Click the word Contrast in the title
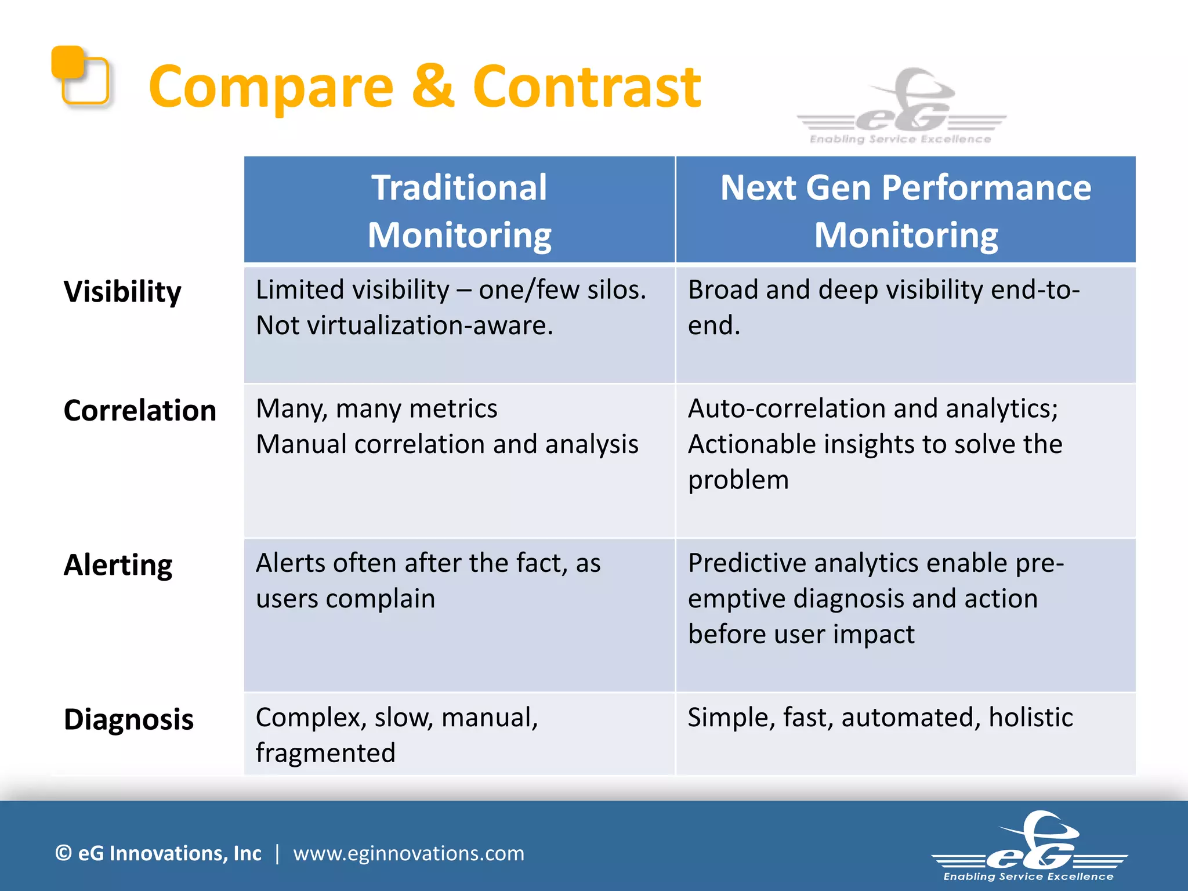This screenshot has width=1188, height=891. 586,87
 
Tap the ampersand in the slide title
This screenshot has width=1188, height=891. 433,87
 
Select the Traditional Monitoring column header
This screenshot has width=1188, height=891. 459,211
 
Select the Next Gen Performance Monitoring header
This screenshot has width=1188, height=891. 906,211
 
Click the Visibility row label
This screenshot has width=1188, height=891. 122,291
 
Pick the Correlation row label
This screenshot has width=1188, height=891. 140,411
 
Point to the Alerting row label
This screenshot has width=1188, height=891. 118,565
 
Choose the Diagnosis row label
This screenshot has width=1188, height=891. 129,719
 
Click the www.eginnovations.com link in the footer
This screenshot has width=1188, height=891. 408,853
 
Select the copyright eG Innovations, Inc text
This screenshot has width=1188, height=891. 158,853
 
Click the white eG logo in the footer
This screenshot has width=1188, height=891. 1029,847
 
